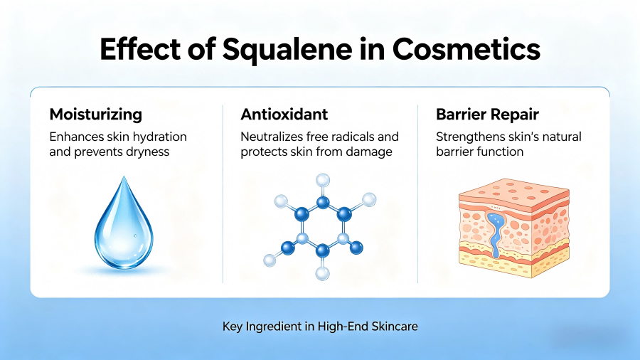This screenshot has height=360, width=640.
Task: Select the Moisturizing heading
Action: tap(95, 114)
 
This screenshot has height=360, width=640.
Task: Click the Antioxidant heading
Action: tap(283, 114)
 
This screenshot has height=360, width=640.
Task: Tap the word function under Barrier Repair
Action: tap(501, 152)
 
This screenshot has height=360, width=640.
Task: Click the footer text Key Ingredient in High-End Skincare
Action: tap(319, 327)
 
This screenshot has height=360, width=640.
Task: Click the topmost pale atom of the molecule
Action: tap(323, 181)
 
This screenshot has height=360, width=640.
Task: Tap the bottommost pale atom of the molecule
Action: tap(323, 272)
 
